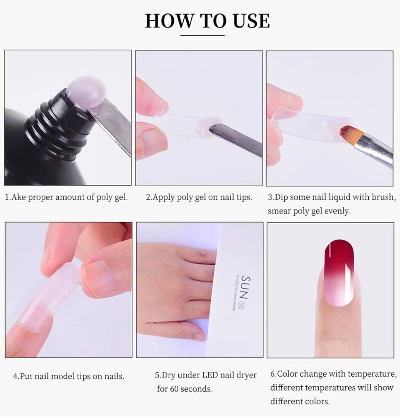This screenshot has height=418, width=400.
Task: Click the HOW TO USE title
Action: (x=207, y=21)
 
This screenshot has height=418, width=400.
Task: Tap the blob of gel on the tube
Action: (x=86, y=92)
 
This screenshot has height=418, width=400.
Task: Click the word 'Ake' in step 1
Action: (x=19, y=197)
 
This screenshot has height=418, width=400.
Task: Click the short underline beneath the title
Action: (x=207, y=35)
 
